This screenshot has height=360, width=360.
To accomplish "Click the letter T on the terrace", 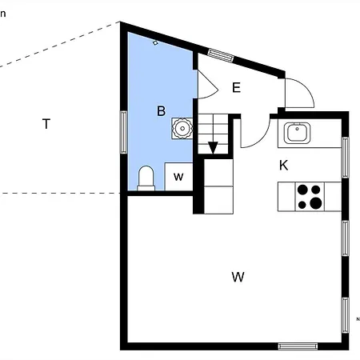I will (46, 124).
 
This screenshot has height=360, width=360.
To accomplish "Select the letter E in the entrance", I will (236, 88).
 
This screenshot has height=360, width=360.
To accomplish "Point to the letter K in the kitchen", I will (283, 166).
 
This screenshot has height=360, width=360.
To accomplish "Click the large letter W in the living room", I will (238, 278).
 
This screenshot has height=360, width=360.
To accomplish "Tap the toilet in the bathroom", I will (146, 178).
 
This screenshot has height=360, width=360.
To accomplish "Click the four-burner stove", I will (310, 196).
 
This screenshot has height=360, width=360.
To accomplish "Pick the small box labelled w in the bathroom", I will (179, 177).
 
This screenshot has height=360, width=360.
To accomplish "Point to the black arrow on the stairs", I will (213, 147).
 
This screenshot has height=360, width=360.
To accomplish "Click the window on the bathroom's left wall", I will (124, 130).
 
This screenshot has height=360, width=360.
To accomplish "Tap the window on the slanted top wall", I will (220, 55).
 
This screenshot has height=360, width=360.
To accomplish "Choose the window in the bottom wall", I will (298, 346).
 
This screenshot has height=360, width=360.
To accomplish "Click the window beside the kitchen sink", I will (346, 157).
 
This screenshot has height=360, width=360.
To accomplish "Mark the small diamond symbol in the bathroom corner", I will (155, 42).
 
